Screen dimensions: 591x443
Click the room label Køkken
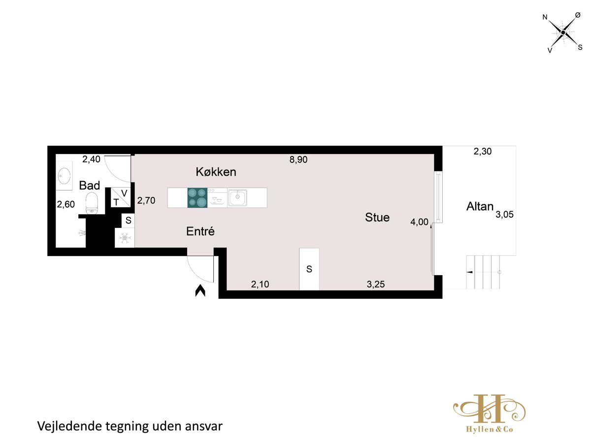pyautogui.click(x=216, y=172)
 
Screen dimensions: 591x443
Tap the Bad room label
pyautogui.click(x=90, y=186)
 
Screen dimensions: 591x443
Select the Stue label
pyautogui.click(x=377, y=218)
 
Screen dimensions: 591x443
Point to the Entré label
pyautogui.click(x=200, y=231)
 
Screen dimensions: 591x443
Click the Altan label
pyautogui.click(x=480, y=207)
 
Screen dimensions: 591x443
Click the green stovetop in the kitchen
pyautogui.click(x=197, y=198)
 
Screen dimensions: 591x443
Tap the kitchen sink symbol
pyautogui.click(x=237, y=198)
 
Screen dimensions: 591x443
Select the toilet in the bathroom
pyautogui.click(x=92, y=203)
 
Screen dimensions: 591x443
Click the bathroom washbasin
pyautogui.click(x=64, y=176)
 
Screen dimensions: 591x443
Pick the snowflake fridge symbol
pyautogui.click(x=125, y=238)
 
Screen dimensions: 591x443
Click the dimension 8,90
pyautogui.click(x=298, y=160)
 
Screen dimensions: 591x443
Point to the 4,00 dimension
pyautogui.click(x=419, y=222)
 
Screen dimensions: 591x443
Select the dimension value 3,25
pyautogui.click(x=376, y=285)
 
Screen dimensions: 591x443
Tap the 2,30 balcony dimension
pyautogui.click(x=482, y=152)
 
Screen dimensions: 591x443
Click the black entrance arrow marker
pyautogui.click(x=200, y=290)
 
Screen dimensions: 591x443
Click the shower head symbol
pyautogui.click(x=82, y=233)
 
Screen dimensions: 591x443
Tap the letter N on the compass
pyautogui.click(x=545, y=17)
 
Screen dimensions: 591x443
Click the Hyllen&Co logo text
pyautogui.click(x=489, y=429)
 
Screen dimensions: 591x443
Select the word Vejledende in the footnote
pyautogui.click(x=69, y=426)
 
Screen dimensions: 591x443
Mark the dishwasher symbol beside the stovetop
pyautogui.click(x=217, y=198)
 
